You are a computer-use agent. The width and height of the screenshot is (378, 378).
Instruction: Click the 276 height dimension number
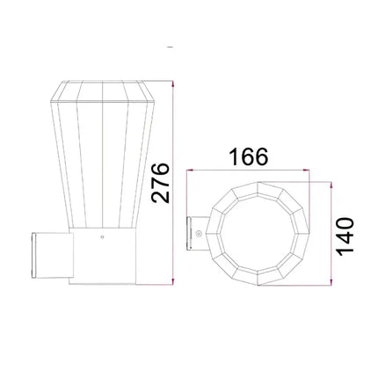point(160,182)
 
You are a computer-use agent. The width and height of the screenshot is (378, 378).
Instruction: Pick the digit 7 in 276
point(160,182)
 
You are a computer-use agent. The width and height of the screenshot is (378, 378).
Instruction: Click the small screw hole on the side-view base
point(102,236)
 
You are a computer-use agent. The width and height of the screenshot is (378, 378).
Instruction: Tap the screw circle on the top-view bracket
point(200,235)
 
